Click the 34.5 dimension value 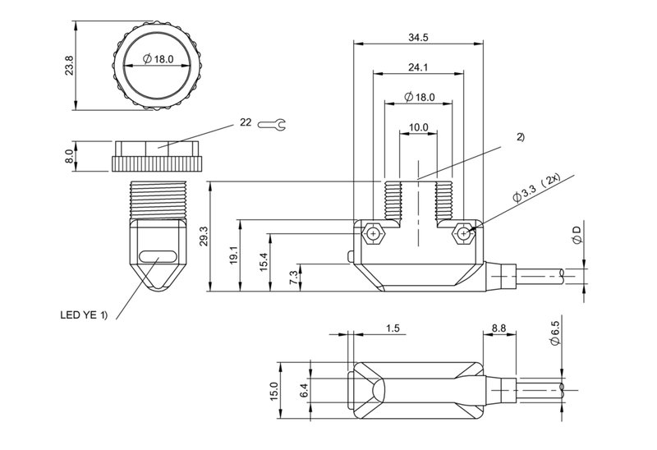pyautogui.click(x=418, y=38)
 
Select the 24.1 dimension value pyautogui.click(x=418, y=67)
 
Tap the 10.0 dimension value pyautogui.click(x=418, y=127)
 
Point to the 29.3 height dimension pyautogui.click(x=204, y=236)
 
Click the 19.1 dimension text pyautogui.click(x=234, y=255)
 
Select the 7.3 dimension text pyautogui.click(x=294, y=278)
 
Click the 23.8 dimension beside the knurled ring pyautogui.click(x=69, y=66)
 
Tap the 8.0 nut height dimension pyautogui.click(x=69, y=156)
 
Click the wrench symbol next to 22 pyautogui.click(x=272, y=124)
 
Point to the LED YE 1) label pyautogui.click(x=84, y=315)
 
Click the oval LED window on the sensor pyautogui.click(x=158, y=256)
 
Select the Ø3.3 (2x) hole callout pyautogui.click(x=537, y=188)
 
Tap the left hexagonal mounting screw pyautogui.click(x=373, y=233)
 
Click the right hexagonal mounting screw pyautogui.click(x=463, y=233)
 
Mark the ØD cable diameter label pyautogui.click(x=577, y=235)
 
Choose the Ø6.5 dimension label pyautogui.click(x=555, y=333)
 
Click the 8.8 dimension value pyautogui.click(x=498, y=328)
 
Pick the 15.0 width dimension pyautogui.click(x=274, y=391)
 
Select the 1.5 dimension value pyautogui.click(x=393, y=328)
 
